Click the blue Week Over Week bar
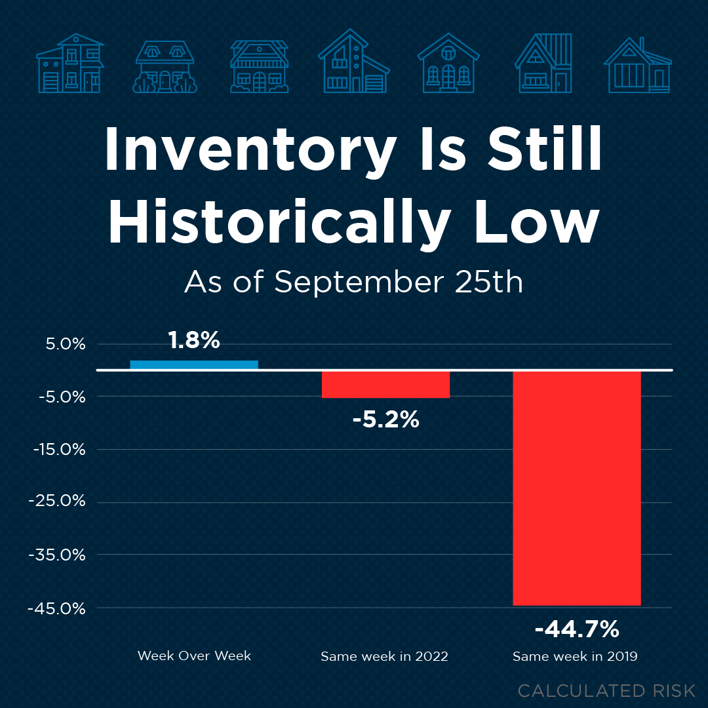click(194, 365)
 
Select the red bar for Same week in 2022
click(385, 385)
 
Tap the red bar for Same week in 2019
click(576, 488)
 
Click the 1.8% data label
click(193, 340)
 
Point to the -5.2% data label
click(385, 419)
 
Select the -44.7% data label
click(577, 629)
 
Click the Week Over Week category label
click(194, 656)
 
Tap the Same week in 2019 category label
click(575, 656)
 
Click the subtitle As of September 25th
click(353, 282)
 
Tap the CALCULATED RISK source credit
click(606, 690)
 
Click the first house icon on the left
click(69, 64)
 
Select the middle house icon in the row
click(354, 64)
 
